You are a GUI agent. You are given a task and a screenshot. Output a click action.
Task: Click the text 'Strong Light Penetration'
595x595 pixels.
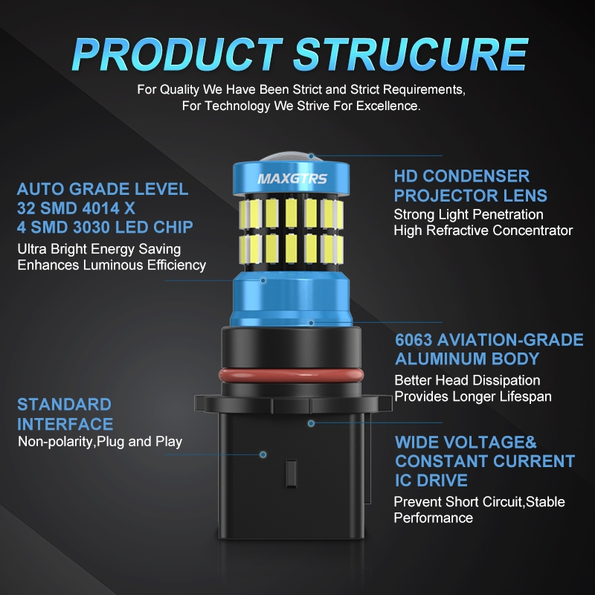point(469,214)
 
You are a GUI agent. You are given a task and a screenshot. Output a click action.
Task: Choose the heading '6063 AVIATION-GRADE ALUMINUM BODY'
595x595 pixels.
point(488,350)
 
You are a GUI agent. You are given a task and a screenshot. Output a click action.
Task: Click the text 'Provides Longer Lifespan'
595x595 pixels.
point(473,396)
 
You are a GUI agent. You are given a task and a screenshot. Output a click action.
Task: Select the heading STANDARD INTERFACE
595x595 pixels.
point(65,414)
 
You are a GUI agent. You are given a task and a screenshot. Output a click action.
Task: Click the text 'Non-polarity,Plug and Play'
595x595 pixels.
point(100,442)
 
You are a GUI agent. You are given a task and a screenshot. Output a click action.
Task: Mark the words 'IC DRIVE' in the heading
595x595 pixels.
point(431,480)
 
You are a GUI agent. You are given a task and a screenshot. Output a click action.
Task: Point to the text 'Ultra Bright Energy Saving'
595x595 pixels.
point(99,249)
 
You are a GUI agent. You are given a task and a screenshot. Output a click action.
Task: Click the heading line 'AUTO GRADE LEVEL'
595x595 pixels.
point(103,189)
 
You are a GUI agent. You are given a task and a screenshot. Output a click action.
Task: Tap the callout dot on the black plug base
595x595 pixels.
point(263,452)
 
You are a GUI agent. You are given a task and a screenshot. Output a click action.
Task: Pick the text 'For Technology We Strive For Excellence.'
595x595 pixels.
point(301,106)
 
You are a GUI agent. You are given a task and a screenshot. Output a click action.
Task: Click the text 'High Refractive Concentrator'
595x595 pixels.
point(483,231)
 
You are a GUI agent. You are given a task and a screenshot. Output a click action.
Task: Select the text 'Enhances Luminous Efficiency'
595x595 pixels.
point(112,266)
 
